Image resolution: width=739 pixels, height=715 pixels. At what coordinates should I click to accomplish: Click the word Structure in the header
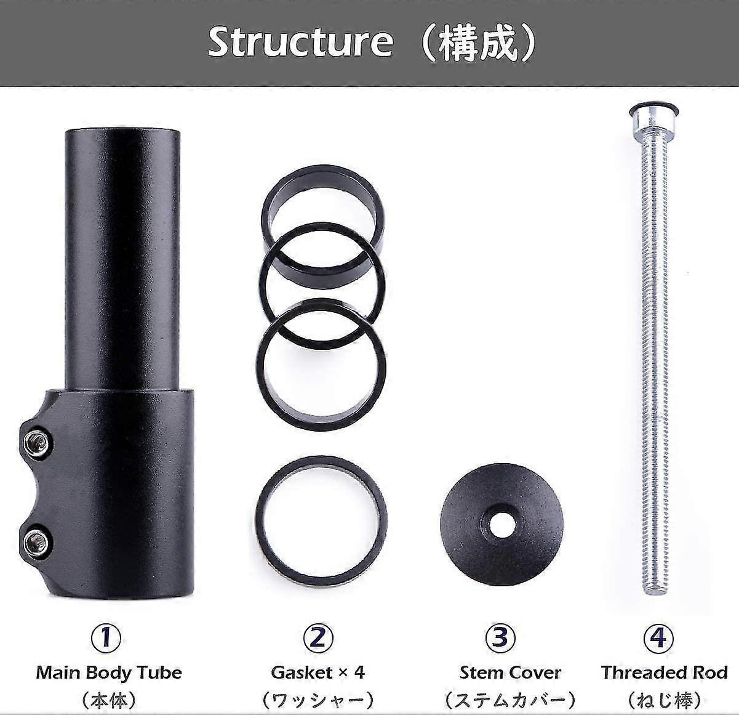point(300,41)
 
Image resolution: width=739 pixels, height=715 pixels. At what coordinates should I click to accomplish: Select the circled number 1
point(107,638)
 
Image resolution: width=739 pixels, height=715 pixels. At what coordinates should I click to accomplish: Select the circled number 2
point(318,638)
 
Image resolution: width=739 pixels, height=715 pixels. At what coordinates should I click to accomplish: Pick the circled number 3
point(500,638)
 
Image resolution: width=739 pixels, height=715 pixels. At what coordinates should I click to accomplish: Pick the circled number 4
point(657,638)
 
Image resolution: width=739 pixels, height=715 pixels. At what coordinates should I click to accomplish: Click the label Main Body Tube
point(109,672)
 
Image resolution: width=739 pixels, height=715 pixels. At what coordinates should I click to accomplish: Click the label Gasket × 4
point(318,672)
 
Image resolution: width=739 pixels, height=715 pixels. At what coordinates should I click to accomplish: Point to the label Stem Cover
point(510,673)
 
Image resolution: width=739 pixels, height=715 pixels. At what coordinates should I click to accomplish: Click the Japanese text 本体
point(109,700)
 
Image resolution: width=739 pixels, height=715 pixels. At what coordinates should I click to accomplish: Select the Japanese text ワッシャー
point(318,700)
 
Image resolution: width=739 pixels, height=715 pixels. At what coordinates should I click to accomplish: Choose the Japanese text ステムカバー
point(510,700)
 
